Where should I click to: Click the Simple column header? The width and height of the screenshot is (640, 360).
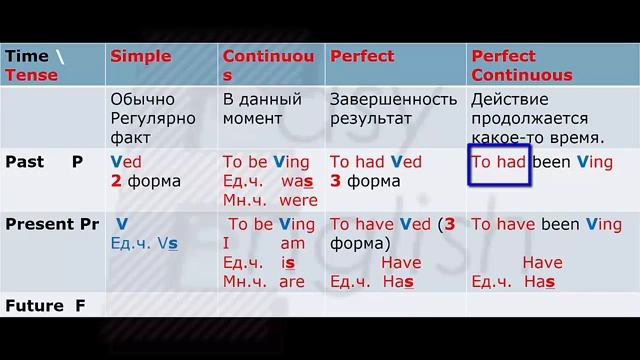pyautogui.click(x=140, y=56)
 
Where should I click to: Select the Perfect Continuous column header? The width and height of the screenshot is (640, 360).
pyautogui.click(x=521, y=65)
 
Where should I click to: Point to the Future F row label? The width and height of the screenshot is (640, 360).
pyautogui.click(x=45, y=305)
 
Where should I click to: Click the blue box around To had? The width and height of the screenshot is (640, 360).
pyautogui.click(x=498, y=164)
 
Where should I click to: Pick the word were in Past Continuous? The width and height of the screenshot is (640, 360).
pyautogui.click(x=298, y=200)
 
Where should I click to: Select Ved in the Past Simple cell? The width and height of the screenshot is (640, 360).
pyautogui.click(x=126, y=161)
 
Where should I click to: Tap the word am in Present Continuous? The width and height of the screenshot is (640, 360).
pyautogui.click(x=292, y=243)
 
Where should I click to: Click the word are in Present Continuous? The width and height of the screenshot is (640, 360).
pyautogui.click(x=292, y=281)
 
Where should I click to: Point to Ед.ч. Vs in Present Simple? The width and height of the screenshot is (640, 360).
pyautogui.click(x=144, y=243)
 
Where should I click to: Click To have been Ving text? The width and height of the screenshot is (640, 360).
pyautogui.click(x=546, y=224)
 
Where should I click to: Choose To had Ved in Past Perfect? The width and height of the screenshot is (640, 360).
pyautogui.click(x=376, y=161)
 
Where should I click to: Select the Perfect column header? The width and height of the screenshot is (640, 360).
pyautogui.click(x=362, y=56)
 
